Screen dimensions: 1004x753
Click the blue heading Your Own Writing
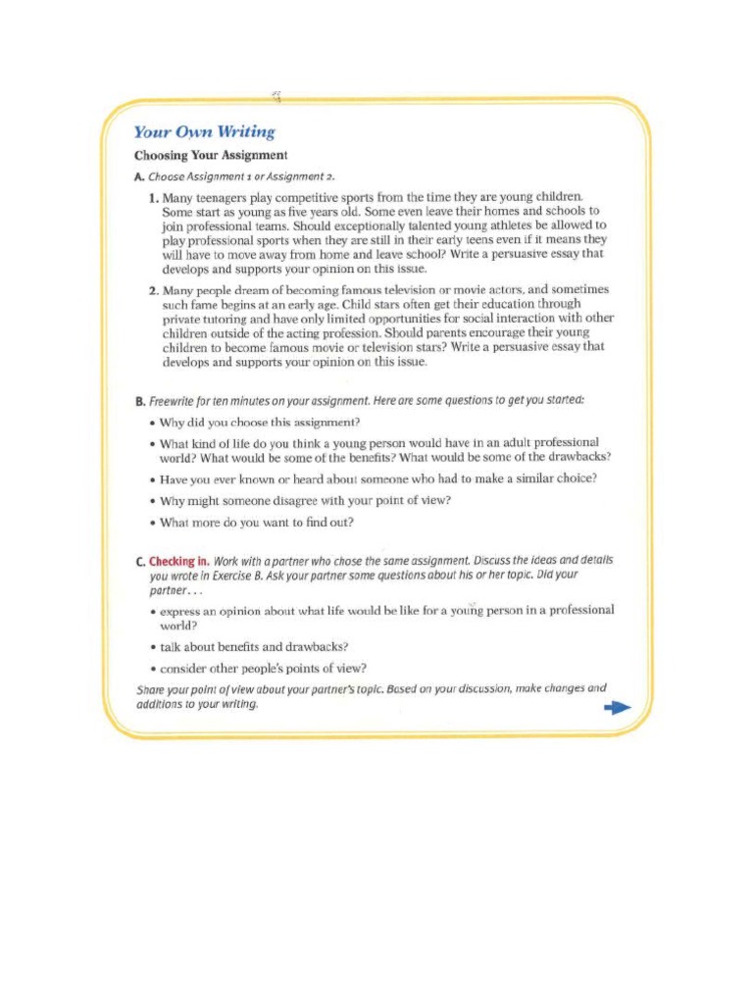[204, 132]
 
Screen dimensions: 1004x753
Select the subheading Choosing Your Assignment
[210, 156]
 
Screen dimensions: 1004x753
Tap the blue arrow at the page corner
[617, 709]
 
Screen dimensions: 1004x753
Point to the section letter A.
[138, 176]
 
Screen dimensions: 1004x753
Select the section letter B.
[139, 401]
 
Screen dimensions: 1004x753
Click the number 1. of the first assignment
[154, 197]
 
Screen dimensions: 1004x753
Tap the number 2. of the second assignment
[154, 290]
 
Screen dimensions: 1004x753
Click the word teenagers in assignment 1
[230, 197]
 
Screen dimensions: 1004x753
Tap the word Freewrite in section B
[176, 401]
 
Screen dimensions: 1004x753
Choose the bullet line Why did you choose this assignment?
[260, 423]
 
